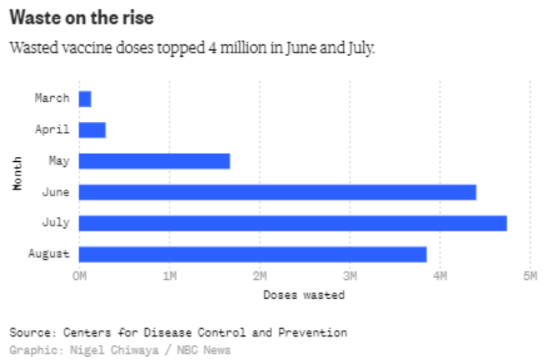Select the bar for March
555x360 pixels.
coord(85,99)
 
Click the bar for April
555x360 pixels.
coord(92,129)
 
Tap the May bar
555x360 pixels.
coord(154,161)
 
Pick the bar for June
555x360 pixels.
coord(277,192)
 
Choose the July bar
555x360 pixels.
coord(293,223)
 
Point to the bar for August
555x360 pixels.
coord(253,254)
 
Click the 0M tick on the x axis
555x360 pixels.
coord(79,276)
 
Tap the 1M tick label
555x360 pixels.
coord(169,276)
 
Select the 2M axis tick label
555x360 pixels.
coord(260,276)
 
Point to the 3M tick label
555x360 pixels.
coord(350,276)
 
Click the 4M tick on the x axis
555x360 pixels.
coord(440,276)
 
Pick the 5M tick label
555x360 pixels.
coord(530,276)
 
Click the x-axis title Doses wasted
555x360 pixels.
coord(304,294)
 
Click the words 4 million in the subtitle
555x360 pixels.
coord(236,47)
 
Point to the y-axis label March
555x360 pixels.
coord(52,99)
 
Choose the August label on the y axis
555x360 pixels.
coord(49,254)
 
